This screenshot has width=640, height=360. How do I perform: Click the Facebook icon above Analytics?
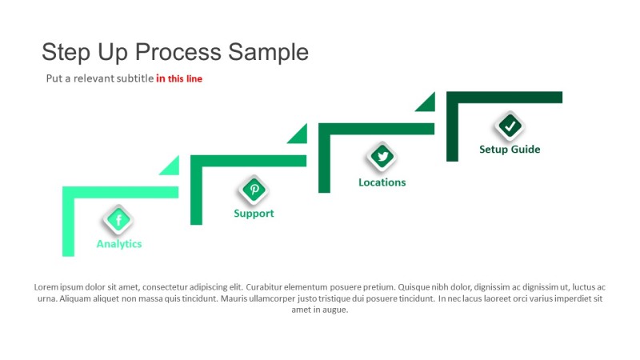[118, 220]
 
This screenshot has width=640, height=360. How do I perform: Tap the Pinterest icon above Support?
[254, 190]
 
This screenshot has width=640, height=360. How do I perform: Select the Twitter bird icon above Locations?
[382, 156]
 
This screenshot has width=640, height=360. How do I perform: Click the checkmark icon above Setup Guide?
[510, 125]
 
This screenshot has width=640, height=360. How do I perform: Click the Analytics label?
[119, 244]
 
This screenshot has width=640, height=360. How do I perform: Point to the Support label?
[254, 214]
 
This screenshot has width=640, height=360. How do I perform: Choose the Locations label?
[382, 182]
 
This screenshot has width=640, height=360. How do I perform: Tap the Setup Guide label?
[510, 150]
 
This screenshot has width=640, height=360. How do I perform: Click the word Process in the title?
[177, 52]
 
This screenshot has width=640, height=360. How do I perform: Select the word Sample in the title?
[268, 52]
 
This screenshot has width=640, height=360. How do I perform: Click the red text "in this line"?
[179, 78]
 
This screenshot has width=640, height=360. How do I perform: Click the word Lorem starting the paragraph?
[46, 287]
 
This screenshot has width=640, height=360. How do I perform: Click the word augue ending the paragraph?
[334, 310]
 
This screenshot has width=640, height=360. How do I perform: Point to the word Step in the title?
[65, 52]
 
